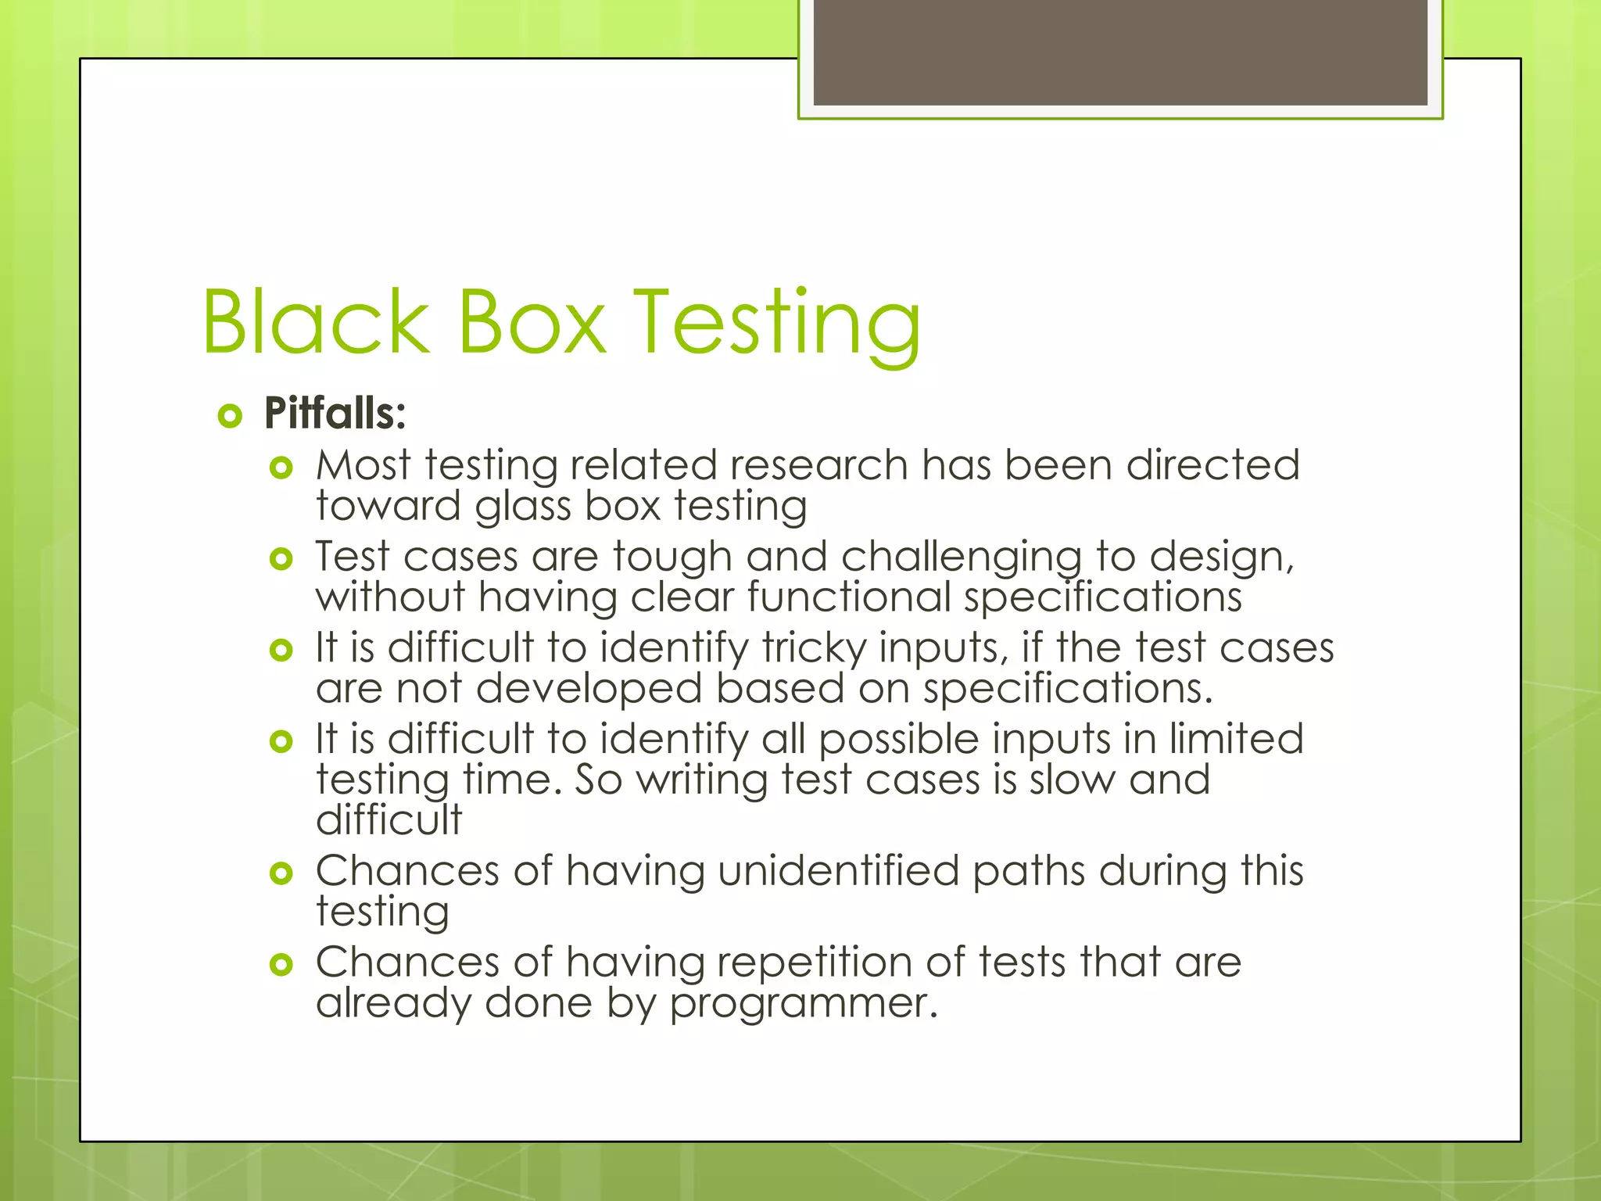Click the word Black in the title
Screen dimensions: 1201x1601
point(316,322)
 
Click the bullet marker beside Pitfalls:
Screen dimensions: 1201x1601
point(229,415)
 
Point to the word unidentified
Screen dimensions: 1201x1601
point(838,871)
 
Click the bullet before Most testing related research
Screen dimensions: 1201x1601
point(280,468)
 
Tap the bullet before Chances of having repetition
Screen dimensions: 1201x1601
point(280,964)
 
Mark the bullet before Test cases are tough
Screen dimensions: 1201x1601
point(280,559)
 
